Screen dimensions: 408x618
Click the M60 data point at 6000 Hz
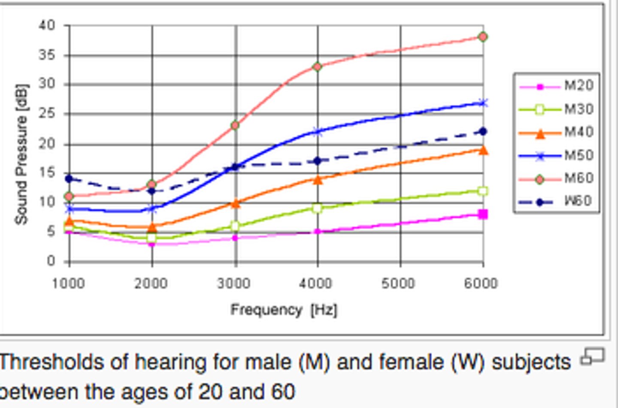[x=483, y=37]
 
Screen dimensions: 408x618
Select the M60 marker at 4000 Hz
[x=318, y=66]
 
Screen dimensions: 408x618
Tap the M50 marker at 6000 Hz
[x=483, y=103]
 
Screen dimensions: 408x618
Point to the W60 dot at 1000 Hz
[x=69, y=178]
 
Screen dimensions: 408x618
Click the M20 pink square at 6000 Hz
[x=483, y=214]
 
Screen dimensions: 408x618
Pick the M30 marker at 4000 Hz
[x=318, y=209]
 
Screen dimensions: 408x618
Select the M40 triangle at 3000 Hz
[x=235, y=203]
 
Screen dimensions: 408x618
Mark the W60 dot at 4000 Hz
[x=318, y=161]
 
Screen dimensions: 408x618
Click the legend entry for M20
[x=556, y=86]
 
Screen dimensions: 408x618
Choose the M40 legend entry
[x=556, y=133]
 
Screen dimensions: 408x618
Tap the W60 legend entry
[x=556, y=201]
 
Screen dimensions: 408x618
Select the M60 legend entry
[x=556, y=178]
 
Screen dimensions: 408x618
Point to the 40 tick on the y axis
[x=47, y=25]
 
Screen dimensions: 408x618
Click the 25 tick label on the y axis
[x=47, y=114]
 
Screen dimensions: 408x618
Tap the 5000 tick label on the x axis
[x=399, y=284]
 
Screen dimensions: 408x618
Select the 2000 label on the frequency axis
[x=151, y=284]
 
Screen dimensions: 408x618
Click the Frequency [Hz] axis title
[x=284, y=310]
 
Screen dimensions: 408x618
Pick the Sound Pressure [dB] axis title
[x=21, y=154]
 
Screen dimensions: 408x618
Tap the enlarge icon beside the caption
[x=592, y=357]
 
